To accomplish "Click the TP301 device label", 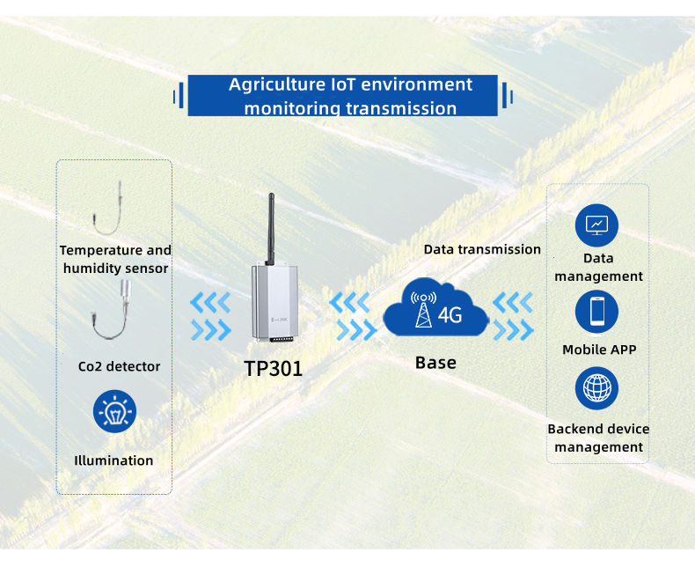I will (274, 368).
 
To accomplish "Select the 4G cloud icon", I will (435, 311).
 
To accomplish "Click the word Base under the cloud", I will (435, 363).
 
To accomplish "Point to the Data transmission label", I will (482, 249).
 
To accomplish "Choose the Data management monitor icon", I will (597, 225).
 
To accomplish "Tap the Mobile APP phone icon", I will (597, 311).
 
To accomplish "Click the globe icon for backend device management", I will (597, 389).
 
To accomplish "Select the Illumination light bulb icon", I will (115, 411).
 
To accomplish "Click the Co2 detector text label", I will (119, 365).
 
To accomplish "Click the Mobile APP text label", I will (599, 350).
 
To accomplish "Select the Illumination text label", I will (113, 460).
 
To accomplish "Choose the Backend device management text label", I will (598, 438).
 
